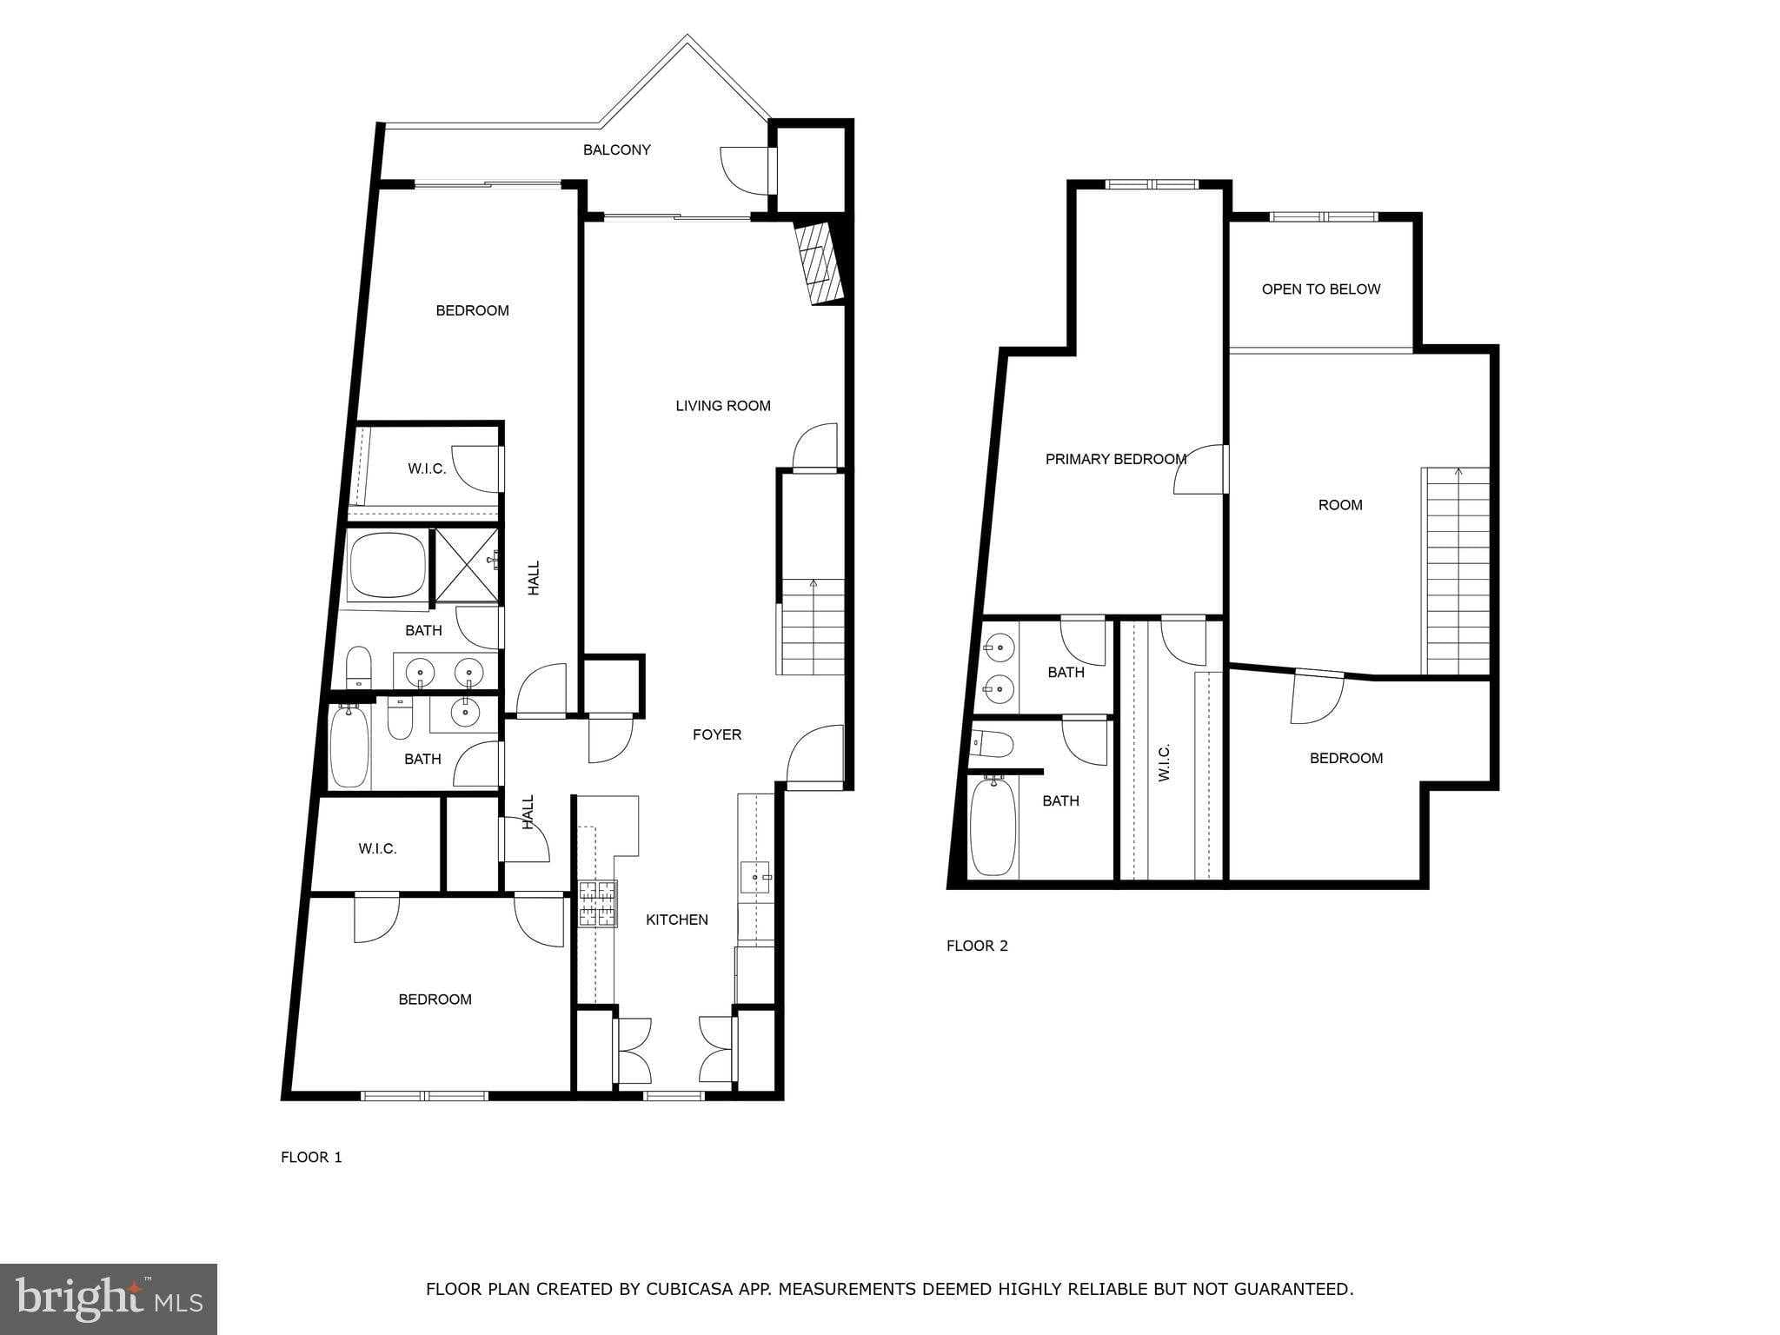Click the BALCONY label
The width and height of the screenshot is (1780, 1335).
click(616, 149)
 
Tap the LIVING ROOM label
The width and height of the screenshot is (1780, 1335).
click(722, 405)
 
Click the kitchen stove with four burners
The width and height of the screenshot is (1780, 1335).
click(598, 903)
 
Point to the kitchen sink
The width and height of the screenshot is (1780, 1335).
click(755, 877)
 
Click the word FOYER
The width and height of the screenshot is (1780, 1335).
click(716, 734)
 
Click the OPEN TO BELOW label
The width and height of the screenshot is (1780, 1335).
click(1320, 289)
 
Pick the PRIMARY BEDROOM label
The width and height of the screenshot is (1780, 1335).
click(1115, 459)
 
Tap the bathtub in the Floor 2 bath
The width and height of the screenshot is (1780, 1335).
click(993, 826)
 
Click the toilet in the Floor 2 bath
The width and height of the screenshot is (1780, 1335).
click(993, 744)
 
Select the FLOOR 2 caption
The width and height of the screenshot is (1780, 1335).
click(977, 946)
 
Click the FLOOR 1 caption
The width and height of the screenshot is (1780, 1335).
click(311, 1157)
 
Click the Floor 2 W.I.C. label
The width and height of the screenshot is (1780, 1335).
click(1165, 761)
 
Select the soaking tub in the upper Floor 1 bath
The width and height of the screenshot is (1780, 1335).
click(387, 565)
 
